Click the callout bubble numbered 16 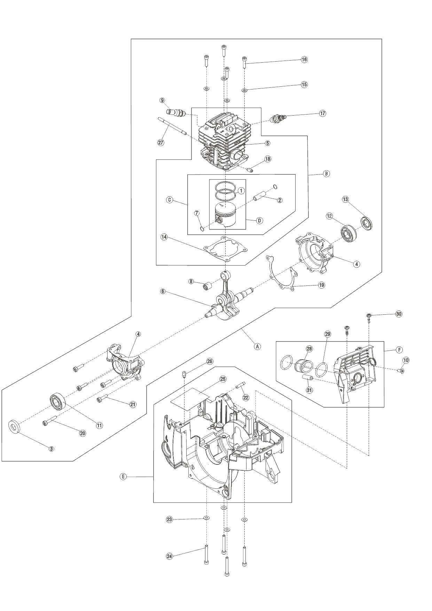click(x=304, y=60)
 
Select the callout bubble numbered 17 click(x=322, y=113)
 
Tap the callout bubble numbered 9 click(x=162, y=100)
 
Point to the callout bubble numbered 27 click(x=161, y=142)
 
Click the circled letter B click(x=326, y=173)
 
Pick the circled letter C click(x=170, y=200)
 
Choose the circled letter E click(x=123, y=477)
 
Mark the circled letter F click(x=399, y=349)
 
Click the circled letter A click(x=257, y=346)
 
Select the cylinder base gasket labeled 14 click(x=226, y=250)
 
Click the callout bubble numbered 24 click(x=170, y=556)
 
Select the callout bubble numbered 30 click(x=399, y=314)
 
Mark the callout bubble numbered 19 click(x=321, y=285)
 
